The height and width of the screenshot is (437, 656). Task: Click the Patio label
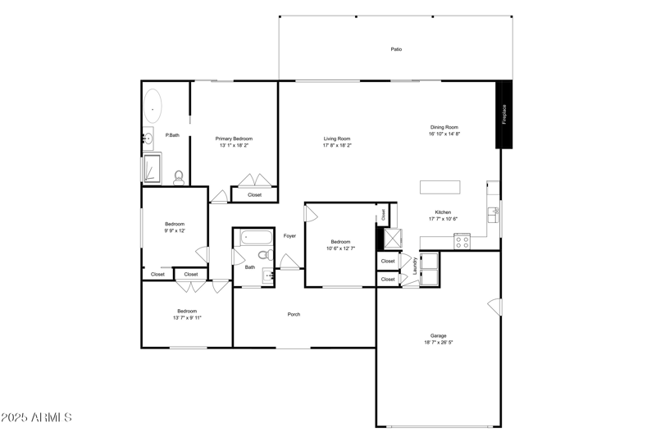click(x=396, y=50)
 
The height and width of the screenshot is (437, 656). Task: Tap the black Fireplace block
click(x=505, y=115)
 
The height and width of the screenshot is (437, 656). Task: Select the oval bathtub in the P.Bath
click(x=153, y=107)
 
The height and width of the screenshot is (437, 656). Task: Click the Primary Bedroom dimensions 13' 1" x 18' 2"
click(x=234, y=146)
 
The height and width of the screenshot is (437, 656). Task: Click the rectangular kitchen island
click(x=440, y=187)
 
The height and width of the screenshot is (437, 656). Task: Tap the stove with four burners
click(x=462, y=241)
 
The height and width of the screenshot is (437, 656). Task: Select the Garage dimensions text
click(x=439, y=343)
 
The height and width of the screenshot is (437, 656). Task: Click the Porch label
click(x=294, y=315)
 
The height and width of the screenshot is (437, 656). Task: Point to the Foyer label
click(x=289, y=236)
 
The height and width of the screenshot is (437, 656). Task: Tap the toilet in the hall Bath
click(x=264, y=255)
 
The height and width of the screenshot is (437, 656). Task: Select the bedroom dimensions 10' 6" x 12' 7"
click(x=340, y=248)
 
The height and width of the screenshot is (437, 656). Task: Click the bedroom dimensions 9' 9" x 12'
click(x=174, y=231)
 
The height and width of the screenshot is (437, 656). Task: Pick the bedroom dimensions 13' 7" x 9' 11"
click(x=187, y=318)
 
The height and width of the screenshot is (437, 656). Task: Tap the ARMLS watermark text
click(x=37, y=418)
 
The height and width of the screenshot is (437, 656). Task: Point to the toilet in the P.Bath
click(x=179, y=176)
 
